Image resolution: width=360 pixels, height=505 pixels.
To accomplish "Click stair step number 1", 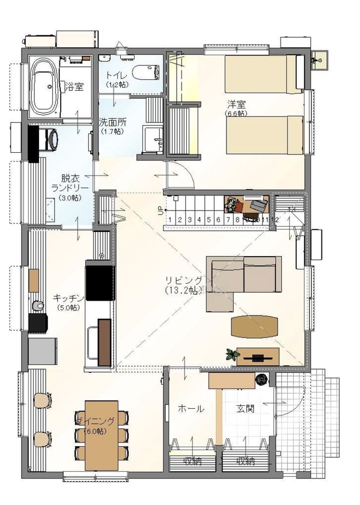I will pos(171,220).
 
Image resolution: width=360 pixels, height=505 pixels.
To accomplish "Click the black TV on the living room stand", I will pos(257,358).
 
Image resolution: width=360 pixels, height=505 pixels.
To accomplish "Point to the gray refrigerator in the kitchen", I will pos(43,350).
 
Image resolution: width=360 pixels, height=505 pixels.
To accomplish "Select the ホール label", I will pos(191,408).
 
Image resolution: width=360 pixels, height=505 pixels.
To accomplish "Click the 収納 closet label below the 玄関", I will pos(245,462).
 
